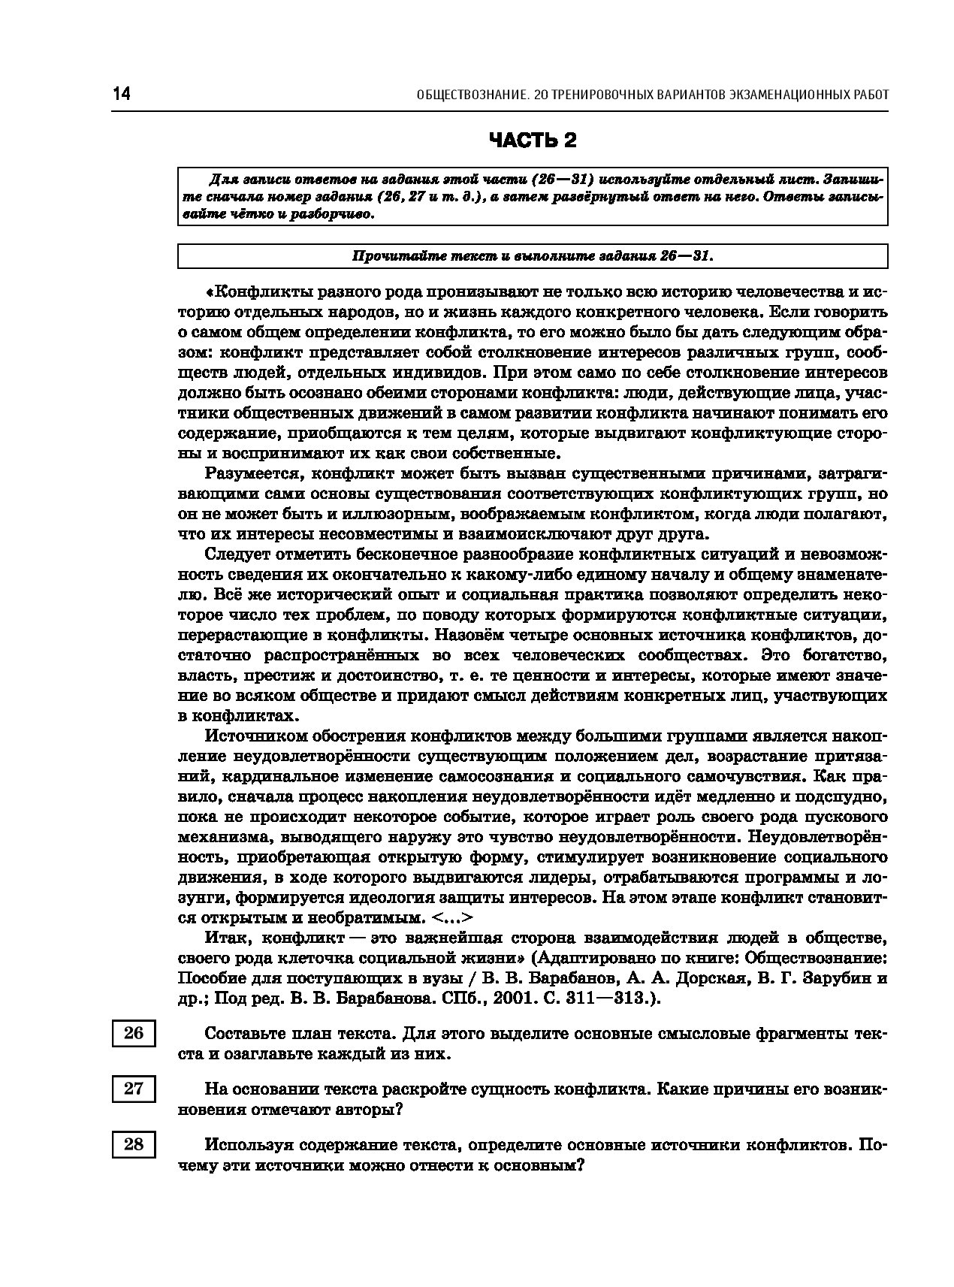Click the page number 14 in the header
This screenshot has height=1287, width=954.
121,95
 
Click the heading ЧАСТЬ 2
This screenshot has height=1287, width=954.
533,140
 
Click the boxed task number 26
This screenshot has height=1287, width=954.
134,1033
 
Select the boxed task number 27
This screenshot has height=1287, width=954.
134,1089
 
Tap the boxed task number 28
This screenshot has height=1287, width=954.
134,1144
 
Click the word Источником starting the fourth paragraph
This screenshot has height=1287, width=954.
252,735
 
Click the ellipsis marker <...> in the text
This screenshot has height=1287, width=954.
454,918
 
